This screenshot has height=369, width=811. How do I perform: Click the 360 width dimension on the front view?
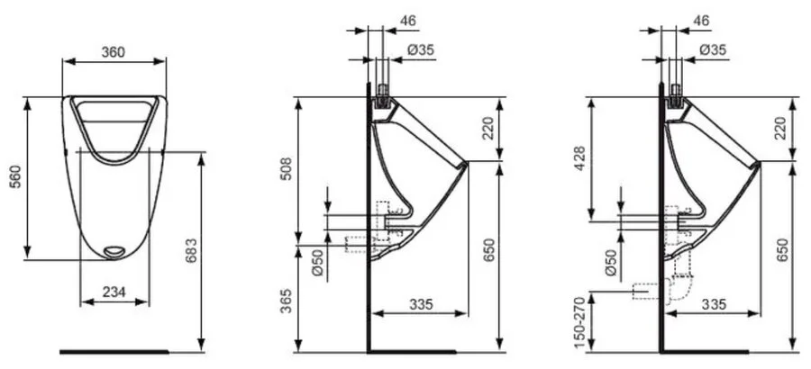113,52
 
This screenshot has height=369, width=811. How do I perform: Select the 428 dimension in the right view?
580,158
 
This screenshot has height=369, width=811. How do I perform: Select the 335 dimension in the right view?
714,303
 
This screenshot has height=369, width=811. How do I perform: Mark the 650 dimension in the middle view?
488,251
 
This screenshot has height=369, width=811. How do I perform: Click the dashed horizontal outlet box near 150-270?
646,292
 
